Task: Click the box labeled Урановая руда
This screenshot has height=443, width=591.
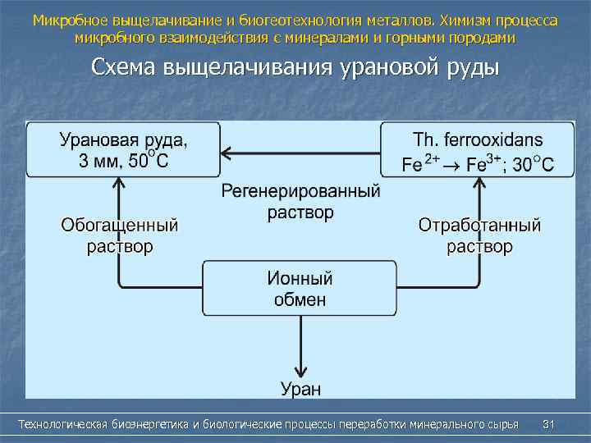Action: [123, 149]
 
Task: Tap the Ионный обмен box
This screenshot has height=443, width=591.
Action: [300, 289]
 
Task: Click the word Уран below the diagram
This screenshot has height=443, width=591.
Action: [300, 388]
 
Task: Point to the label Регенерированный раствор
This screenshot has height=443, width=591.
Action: [300, 202]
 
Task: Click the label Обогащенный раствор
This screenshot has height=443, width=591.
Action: [120, 235]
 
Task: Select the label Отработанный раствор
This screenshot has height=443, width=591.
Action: [479, 235]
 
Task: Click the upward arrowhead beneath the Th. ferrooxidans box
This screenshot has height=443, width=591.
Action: [479, 184]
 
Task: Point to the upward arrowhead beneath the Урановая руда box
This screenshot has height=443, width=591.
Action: [120, 184]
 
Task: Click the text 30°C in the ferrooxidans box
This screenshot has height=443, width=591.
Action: [532, 164]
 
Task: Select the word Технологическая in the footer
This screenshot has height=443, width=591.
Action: [62, 424]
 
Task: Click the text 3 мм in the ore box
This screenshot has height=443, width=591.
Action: [97, 162]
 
